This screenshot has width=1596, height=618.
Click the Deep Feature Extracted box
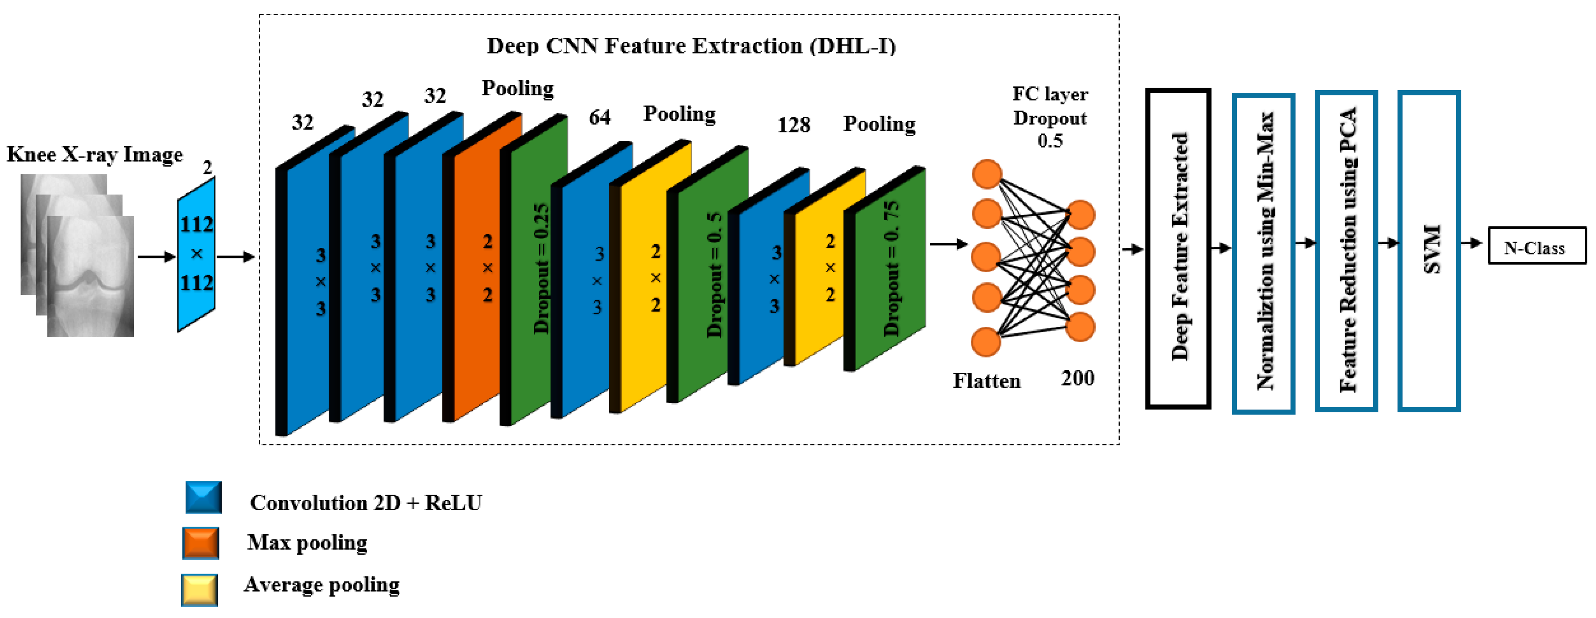[1178, 248]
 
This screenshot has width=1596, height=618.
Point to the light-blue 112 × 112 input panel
[196, 254]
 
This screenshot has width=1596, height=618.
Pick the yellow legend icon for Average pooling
[199, 590]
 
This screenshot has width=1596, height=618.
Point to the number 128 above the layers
[794, 125]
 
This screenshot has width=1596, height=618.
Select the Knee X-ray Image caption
[95, 154]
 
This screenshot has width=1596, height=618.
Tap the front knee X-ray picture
[91, 277]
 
